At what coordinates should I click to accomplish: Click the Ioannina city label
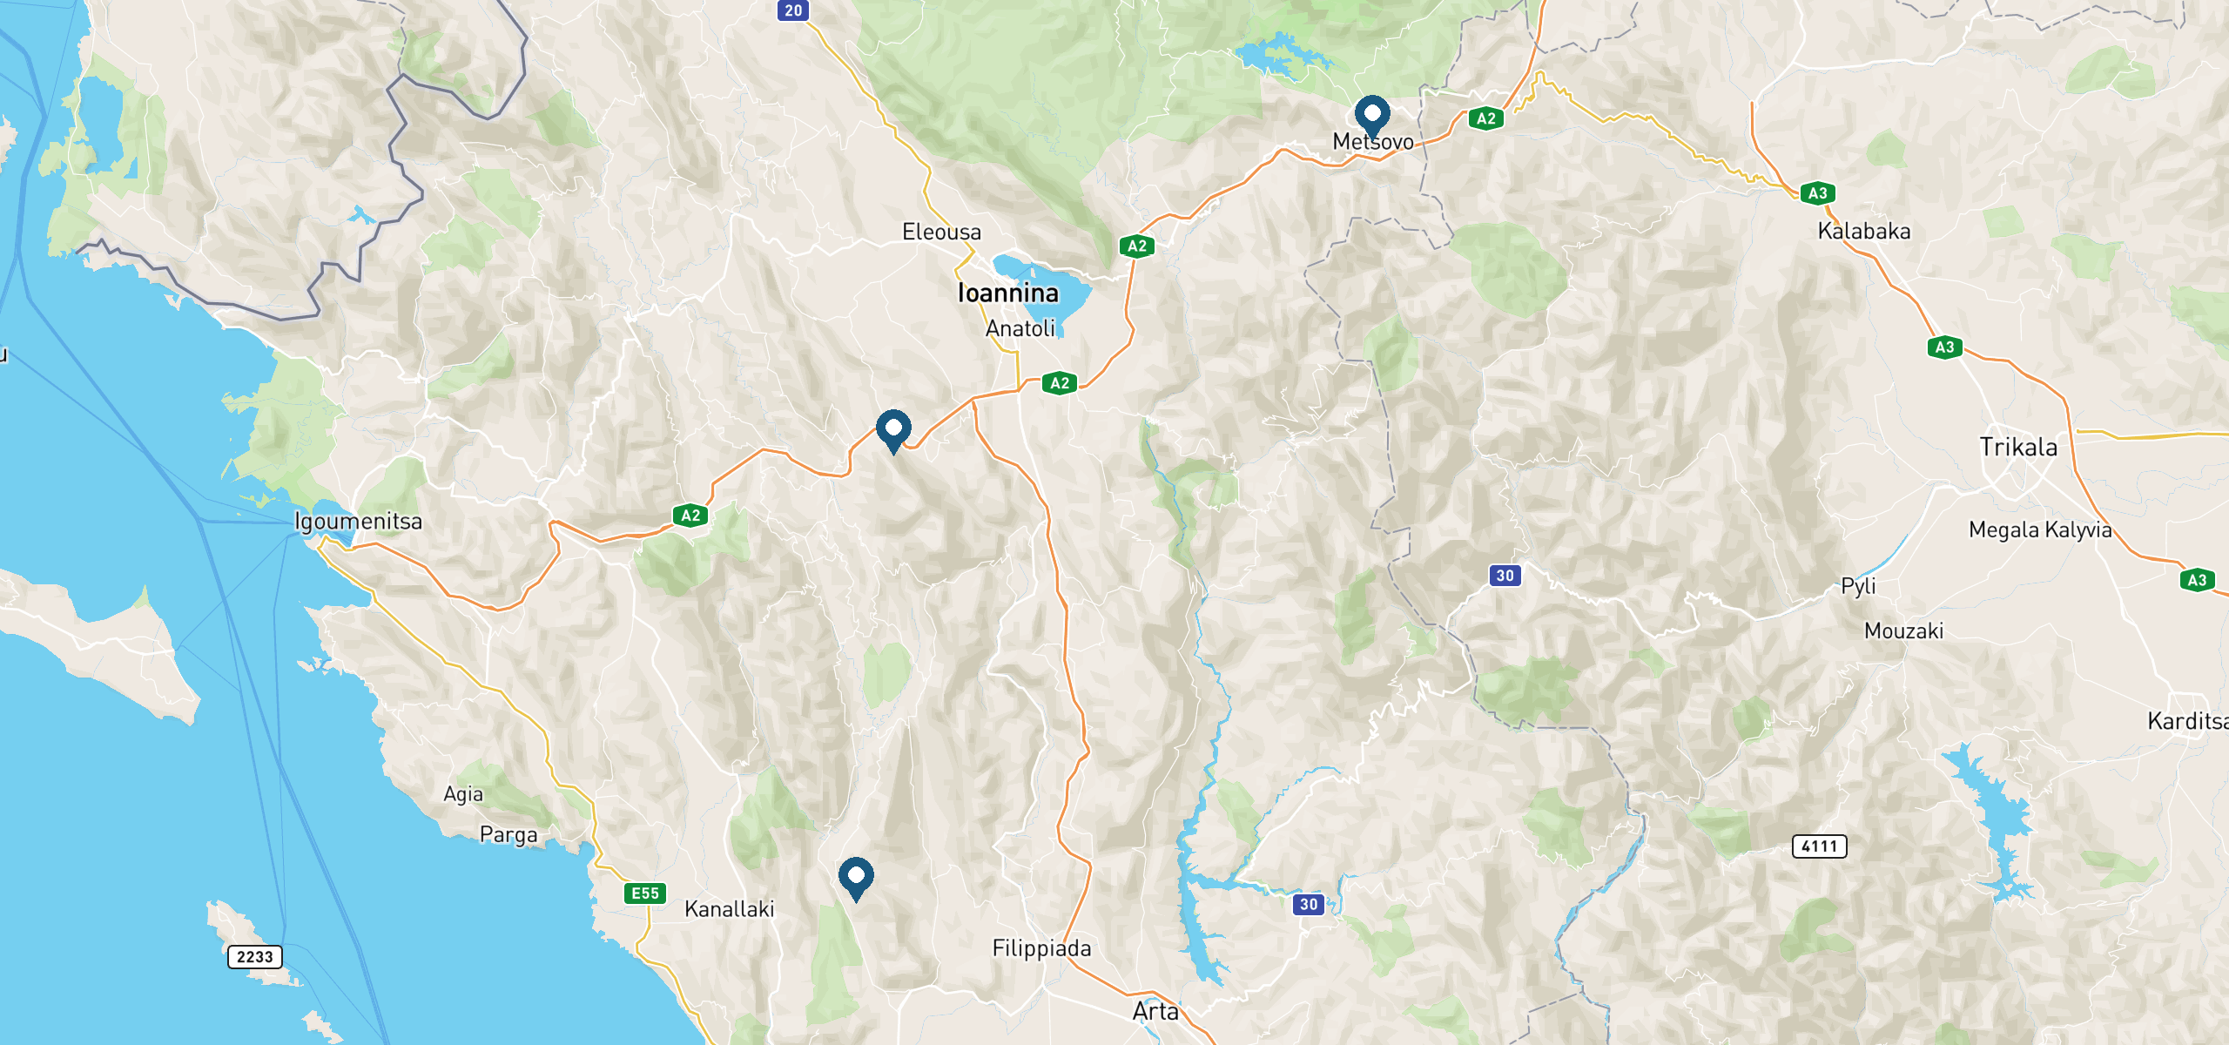[x=1007, y=293]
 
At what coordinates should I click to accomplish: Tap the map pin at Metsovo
[x=1372, y=115]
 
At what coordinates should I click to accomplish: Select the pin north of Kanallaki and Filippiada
[x=856, y=877]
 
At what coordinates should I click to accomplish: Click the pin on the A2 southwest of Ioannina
[x=893, y=429]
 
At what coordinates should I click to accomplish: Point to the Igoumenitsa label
[x=358, y=522]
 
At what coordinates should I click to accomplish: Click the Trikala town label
[x=2018, y=448]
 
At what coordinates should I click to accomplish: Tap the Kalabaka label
[x=1864, y=232]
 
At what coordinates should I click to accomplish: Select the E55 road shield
[x=645, y=893]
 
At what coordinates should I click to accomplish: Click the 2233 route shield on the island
[x=255, y=956]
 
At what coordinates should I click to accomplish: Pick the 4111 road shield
[x=1819, y=846]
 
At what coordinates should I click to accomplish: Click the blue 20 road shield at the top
[x=793, y=10]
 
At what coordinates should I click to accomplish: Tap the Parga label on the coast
[x=508, y=835]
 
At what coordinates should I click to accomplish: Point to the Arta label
[x=1155, y=1012]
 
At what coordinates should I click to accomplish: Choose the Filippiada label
[x=1041, y=948]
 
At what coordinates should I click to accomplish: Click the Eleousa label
[x=941, y=233]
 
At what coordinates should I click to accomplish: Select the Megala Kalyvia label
[x=2040, y=529]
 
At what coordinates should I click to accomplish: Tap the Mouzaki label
[x=1903, y=631]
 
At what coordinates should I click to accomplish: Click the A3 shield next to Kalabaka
[x=1817, y=193]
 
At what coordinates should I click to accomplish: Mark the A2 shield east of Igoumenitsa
[x=690, y=516]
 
